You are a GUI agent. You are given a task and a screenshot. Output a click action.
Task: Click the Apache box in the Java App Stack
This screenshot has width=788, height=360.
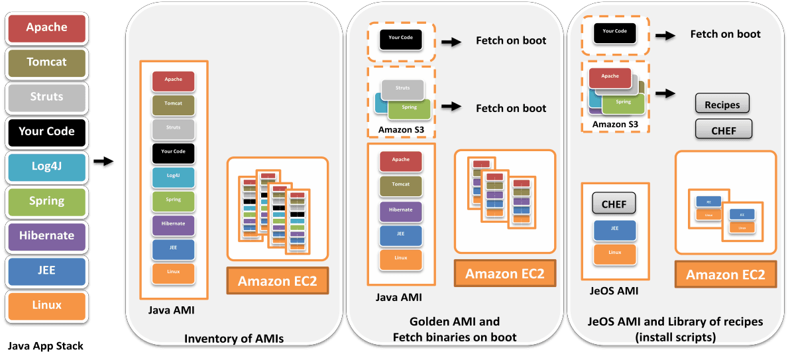[46, 28]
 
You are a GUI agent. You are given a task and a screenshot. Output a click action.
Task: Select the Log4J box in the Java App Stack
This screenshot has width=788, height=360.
[46, 166]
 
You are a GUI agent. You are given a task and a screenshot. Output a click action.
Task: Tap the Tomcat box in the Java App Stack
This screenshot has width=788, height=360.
[46, 62]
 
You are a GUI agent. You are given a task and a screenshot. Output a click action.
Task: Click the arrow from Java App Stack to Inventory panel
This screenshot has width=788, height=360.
[103, 163]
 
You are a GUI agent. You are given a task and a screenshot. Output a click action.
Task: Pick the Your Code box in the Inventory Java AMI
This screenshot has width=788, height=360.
[173, 152]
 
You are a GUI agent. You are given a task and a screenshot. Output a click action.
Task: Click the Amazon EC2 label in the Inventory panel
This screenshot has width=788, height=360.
[278, 280]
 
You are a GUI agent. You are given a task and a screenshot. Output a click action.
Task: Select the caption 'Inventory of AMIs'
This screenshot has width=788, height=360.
[234, 339]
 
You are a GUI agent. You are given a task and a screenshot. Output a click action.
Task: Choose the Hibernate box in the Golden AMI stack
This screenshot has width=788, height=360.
[400, 210]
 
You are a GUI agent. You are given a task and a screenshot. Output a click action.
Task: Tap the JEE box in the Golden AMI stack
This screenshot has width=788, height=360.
[400, 235]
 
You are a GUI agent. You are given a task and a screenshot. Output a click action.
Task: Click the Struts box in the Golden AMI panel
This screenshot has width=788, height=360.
[402, 88]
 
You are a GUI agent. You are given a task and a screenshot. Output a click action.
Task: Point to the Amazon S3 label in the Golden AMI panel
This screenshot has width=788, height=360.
[401, 129]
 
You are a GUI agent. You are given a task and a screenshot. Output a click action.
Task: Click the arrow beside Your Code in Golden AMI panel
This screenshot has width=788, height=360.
[451, 42]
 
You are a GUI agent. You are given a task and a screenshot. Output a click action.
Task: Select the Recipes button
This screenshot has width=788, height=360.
[722, 105]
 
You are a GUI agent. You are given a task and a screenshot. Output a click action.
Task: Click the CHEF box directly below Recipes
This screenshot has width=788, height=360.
[723, 129]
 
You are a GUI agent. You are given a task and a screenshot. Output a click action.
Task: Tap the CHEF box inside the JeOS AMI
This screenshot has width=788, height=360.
[614, 205]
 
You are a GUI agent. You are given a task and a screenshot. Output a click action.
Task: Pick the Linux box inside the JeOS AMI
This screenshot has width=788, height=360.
[615, 253]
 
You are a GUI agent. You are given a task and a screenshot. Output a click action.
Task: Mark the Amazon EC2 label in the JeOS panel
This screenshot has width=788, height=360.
[725, 275]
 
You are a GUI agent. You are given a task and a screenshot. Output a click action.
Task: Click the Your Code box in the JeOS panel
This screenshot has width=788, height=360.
[614, 32]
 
